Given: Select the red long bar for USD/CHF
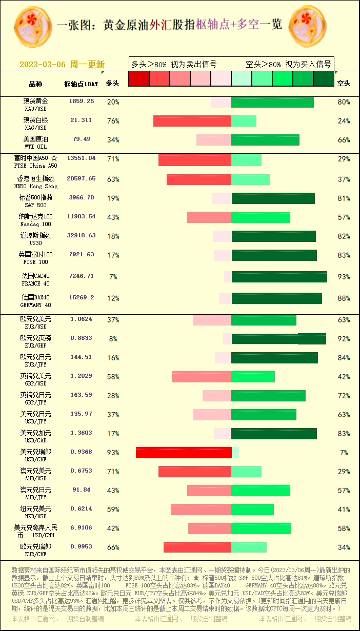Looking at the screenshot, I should point(184,453).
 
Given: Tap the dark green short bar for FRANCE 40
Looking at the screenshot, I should point(279,277).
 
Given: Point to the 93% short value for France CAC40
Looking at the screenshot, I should point(344,277).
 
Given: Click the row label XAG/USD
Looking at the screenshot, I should point(36,128).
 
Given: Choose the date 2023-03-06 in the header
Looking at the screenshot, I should point(43,65).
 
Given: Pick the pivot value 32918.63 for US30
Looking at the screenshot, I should point(81,236).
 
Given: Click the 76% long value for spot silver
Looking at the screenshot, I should point(113,121).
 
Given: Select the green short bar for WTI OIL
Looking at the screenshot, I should point(265,140).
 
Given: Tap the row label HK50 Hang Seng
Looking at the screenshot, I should point(36,187).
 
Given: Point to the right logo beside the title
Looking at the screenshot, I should point(308,25).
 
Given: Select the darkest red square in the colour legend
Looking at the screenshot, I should point(138,78).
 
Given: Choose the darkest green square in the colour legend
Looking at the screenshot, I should point(324,78).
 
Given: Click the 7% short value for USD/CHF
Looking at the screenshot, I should point(344,453).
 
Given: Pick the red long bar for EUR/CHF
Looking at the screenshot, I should point(197,547).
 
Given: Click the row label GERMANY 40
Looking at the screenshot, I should point(36,305).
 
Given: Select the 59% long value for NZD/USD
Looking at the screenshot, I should point(113,510).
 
